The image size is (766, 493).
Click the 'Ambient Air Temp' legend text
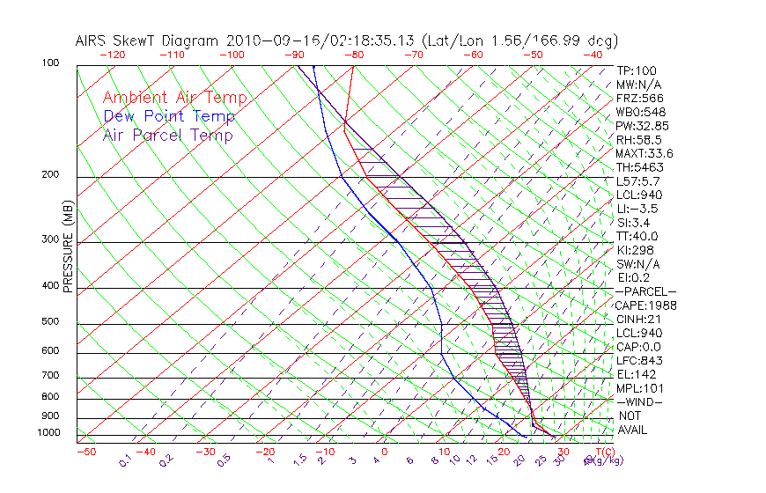(x=174, y=98)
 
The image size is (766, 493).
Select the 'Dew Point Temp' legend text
(x=168, y=116)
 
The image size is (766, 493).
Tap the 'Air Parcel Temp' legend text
(x=167, y=135)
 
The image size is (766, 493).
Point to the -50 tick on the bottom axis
(x=85, y=452)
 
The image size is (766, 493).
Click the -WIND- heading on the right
(x=639, y=402)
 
